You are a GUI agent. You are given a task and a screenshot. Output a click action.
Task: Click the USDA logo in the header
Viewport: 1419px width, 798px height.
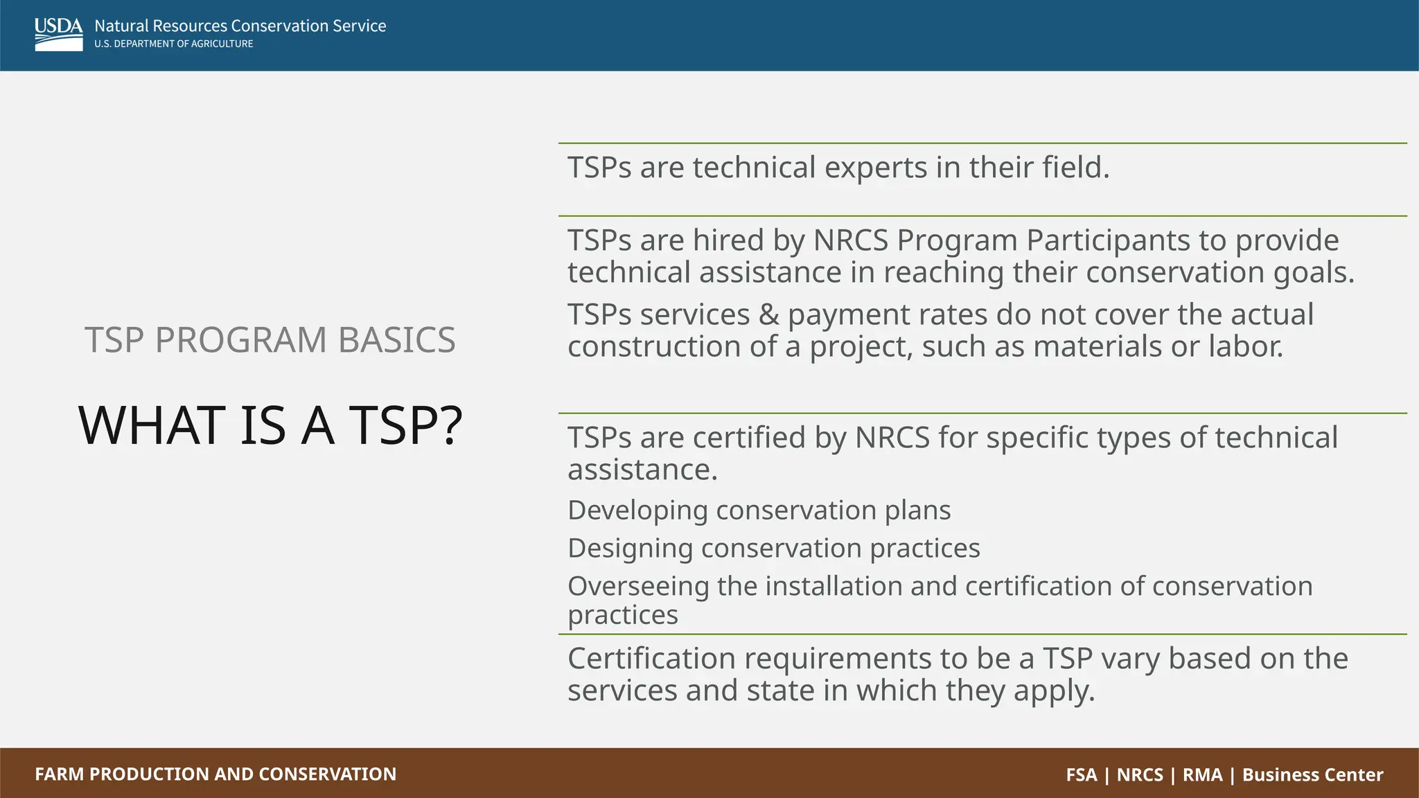tap(58, 34)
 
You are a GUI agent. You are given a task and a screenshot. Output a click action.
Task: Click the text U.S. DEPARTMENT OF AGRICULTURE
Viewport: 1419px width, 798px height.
tap(174, 44)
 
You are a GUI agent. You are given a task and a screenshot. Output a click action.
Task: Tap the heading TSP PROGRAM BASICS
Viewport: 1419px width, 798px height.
tap(270, 339)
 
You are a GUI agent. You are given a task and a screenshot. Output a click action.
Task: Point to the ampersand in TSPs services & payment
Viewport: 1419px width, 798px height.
tap(769, 315)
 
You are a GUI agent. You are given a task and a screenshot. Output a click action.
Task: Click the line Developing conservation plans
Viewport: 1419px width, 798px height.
tap(759, 511)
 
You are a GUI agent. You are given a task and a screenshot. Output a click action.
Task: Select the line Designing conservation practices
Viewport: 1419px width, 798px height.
tap(773, 549)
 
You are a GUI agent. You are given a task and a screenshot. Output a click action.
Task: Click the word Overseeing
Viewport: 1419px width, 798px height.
tap(638, 587)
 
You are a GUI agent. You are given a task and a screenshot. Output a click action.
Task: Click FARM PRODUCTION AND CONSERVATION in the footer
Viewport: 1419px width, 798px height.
tap(215, 774)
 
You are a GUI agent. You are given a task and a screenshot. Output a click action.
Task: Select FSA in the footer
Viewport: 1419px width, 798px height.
tap(1082, 774)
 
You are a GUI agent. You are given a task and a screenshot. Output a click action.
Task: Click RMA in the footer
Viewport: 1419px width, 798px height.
tap(1202, 774)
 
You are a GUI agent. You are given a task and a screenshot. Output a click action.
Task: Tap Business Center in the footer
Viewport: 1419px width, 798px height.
tap(1312, 774)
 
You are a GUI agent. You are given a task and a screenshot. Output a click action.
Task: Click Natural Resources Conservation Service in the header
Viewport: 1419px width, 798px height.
tap(240, 26)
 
